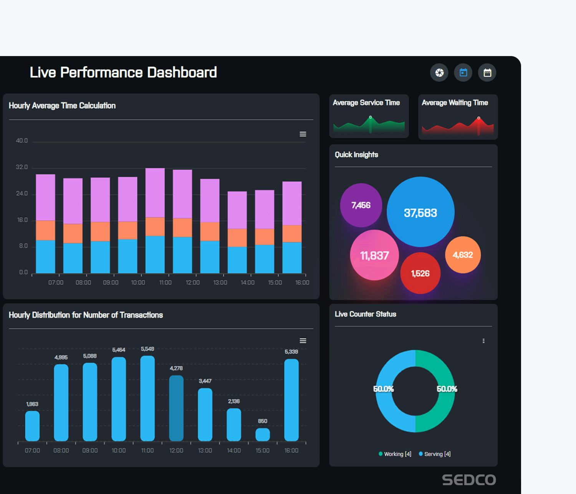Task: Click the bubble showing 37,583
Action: [420, 212]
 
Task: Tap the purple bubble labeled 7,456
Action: [361, 205]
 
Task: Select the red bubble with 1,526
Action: [420, 273]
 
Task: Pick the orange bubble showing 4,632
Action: [463, 255]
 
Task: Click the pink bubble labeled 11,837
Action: [374, 255]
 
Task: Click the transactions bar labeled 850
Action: [263, 435]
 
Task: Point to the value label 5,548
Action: [147, 349]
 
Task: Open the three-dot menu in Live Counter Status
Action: [483, 341]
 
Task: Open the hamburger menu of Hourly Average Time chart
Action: [303, 134]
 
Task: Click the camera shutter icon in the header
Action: [439, 73]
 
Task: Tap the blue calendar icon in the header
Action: [463, 73]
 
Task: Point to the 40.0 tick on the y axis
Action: [22, 141]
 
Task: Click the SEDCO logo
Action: [469, 480]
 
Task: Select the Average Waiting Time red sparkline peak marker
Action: [478, 118]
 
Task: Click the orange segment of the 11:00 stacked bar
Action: [155, 226]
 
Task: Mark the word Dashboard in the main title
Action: [182, 73]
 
